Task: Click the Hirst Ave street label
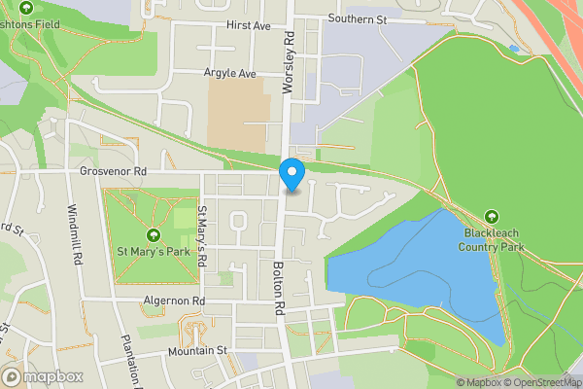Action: click(x=248, y=26)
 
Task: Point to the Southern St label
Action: click(x=357, y=18)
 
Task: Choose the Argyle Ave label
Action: click(x=229, y=73)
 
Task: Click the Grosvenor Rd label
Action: click(x=113, y=171)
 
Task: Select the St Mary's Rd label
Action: click(x=202, y=237)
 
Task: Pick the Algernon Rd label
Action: click(x=174, y=301)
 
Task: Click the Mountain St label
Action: click(x=196, y=350)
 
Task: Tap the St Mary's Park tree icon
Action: click(x=153, y=235)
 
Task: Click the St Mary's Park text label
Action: click(x=153, y=252)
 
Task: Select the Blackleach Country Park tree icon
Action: click(x=492, y=217)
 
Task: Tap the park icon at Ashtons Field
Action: click(x=25, y=8)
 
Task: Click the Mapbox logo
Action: click(x=43, y=376)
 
